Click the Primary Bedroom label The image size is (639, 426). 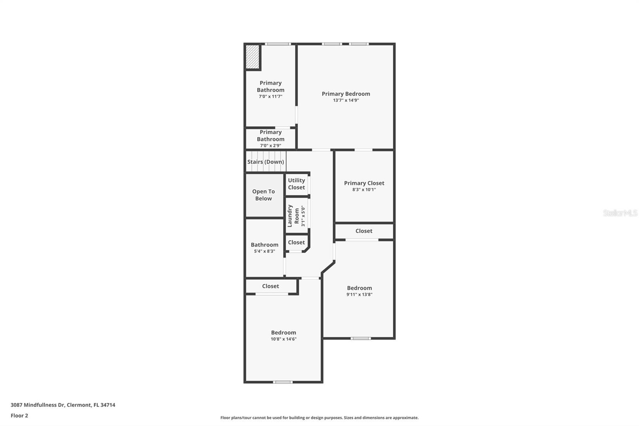(x=346, y=94)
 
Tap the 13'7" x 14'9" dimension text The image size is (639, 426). (x=346, y=100)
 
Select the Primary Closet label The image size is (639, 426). (x=364, y=183)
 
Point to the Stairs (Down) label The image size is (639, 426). (x=266, y=162)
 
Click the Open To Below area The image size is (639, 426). (x=264, y=195)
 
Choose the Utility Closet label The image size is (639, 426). (x=296, y=184)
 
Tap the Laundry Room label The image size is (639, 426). (x=294, y=216)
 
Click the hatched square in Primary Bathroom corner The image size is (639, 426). (x=252, y=57)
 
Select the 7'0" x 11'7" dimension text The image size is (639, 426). (x=270, y=96)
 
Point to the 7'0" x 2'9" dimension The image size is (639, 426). (x=270, y=145)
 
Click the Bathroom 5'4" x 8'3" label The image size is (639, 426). (x=264, y=245)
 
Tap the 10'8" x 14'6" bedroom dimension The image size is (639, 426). (x=284, y=339)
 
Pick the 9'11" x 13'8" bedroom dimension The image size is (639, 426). (x=359, y=295)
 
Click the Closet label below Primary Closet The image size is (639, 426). (x=364, y=231)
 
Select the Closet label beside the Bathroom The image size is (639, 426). (x=296, y=243)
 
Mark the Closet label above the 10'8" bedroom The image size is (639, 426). (x=270, y=286)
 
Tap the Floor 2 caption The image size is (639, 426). (x=19, y=416)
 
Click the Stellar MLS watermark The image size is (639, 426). (x=620, y=213)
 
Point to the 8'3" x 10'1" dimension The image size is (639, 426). (x=364, y=189)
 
